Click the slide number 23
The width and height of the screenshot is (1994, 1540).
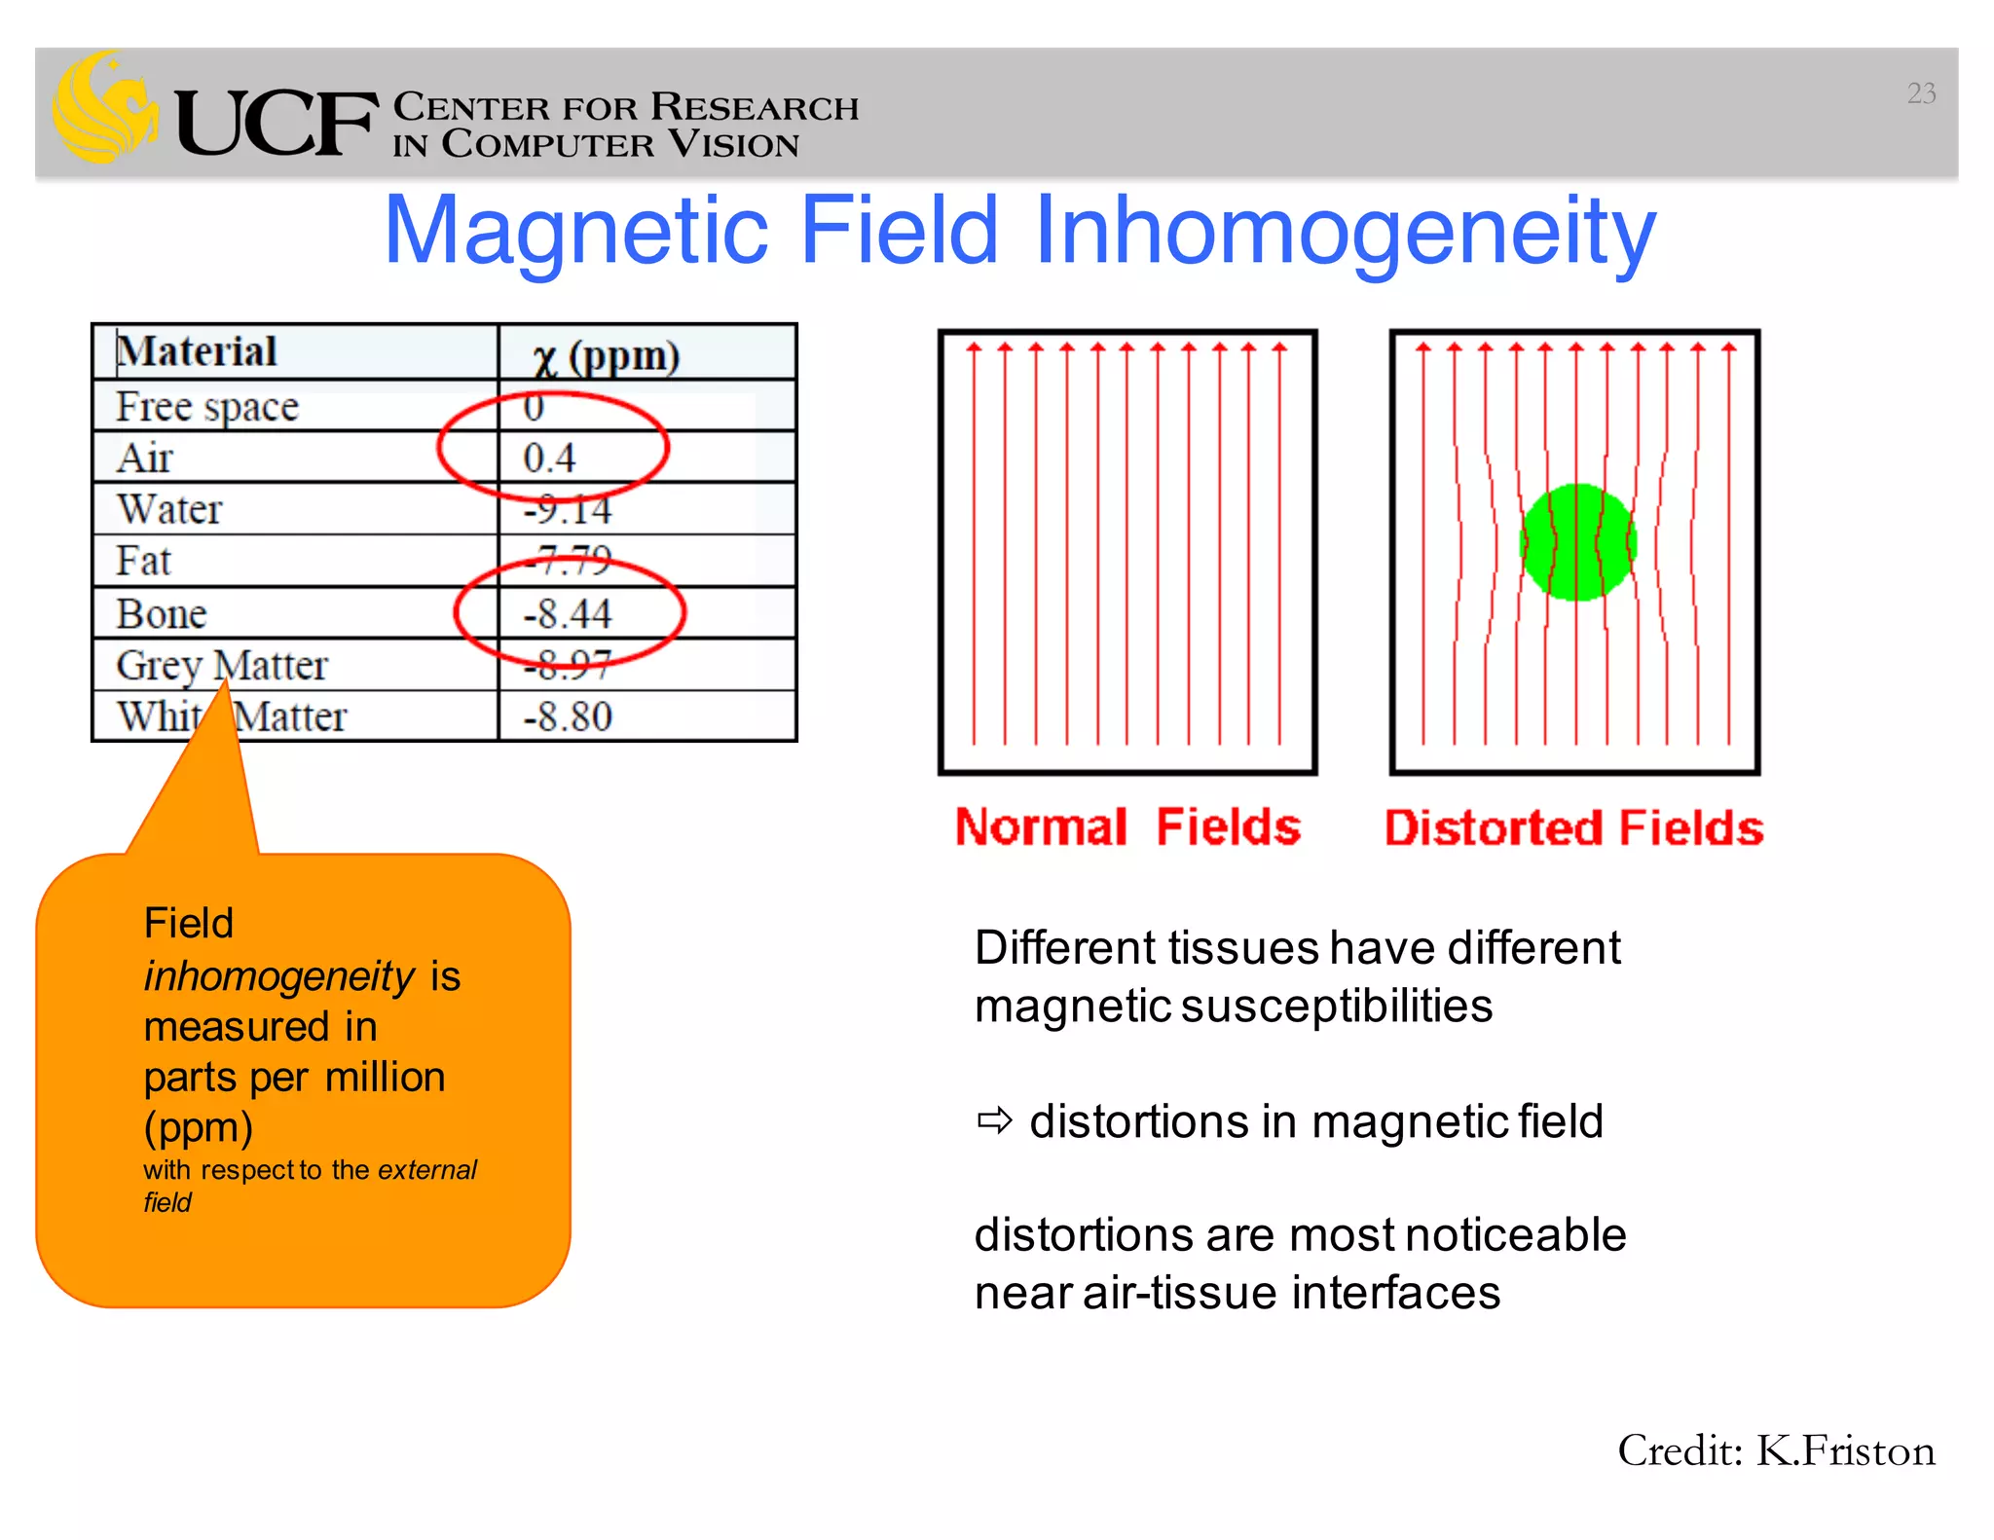point(1920,93)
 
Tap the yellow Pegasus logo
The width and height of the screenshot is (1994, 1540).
point(105,107)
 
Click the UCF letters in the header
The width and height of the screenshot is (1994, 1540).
point(277,124)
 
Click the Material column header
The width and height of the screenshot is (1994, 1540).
point(198,351)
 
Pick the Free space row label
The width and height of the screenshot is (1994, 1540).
point(207,407)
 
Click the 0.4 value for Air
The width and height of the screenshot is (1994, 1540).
point(549,458)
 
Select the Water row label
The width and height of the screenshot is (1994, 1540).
point(169,509)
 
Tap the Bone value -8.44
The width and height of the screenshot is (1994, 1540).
point(568,613)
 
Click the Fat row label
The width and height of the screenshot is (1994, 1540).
point(143,561)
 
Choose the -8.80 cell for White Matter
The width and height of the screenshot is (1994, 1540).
point(568,717)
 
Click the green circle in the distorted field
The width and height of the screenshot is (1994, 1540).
point(1577,542)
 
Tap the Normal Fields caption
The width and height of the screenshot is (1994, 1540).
point(1127,827)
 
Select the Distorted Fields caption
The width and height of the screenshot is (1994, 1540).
point(1573,828)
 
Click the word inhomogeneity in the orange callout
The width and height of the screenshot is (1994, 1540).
point(279,975)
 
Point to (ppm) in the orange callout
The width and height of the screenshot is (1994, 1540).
point(199,1127)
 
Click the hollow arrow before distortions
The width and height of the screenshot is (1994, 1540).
point(995,1121)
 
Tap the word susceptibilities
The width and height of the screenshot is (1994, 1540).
point(1336,1007)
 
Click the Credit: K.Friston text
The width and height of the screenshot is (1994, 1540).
point(1776,1451)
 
